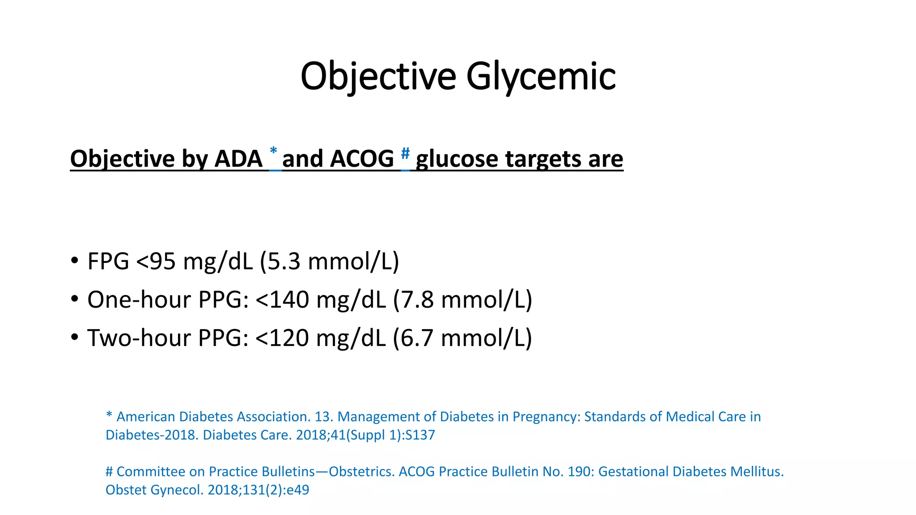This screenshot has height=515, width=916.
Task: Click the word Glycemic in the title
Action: [x=541, y=76]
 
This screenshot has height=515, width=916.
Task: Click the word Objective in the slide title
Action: [x=378, y=76]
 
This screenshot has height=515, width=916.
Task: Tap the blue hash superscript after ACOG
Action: [x=405, y=154]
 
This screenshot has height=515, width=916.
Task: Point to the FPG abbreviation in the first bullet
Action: [x=108, y=261]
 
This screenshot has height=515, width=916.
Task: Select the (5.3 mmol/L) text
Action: [x=329, y=261]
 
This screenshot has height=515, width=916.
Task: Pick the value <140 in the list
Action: [x=282, y=300]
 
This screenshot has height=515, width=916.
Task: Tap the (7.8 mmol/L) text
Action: [x=462, y=300]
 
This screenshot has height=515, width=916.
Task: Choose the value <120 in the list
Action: [x=282, y=338]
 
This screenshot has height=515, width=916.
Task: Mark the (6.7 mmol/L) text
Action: [x=462, y=338]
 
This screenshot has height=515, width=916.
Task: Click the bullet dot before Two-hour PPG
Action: [x=75, y=338]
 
